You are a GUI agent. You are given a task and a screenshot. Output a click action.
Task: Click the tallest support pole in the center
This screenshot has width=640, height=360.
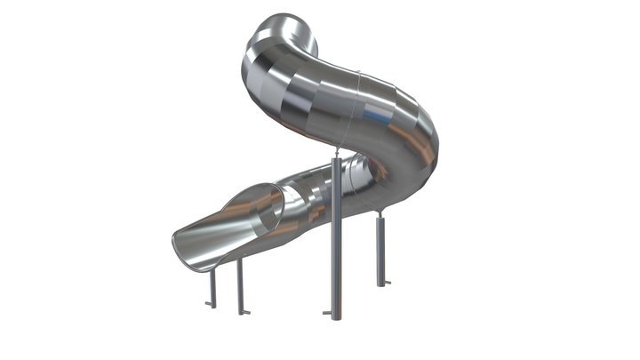tap(336, 240)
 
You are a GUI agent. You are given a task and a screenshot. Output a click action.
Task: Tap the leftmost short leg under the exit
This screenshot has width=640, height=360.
tap(212, 287)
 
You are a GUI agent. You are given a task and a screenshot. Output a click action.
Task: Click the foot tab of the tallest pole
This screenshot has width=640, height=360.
tap(328, 313)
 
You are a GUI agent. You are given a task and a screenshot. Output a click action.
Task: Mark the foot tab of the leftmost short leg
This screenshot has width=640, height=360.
tap(208, 305)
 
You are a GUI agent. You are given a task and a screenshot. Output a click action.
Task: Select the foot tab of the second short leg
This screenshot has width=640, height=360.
tap(244, 312)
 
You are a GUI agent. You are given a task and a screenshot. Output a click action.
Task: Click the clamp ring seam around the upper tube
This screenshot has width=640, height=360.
tap(356, 107)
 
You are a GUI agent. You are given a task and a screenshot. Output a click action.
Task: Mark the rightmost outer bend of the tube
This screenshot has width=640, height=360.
tap(436, 147)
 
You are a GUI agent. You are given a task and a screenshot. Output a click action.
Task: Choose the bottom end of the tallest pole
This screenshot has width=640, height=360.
tap(336, 317)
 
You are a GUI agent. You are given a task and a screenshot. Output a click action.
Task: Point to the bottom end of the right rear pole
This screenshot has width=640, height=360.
tap(380, 284)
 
